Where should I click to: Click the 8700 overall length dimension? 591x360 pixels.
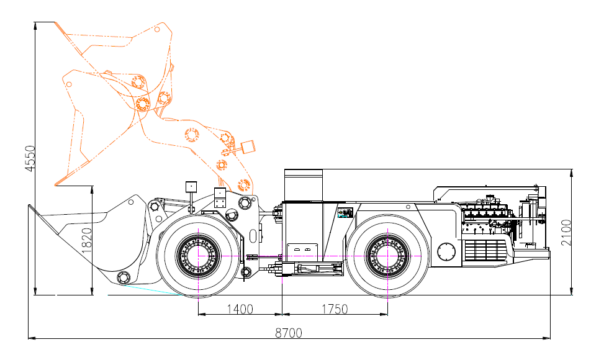(288, 333)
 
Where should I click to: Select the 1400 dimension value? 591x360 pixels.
(240, 309)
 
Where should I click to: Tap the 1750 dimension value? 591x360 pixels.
(335, 309)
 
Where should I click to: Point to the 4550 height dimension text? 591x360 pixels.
(30, 158)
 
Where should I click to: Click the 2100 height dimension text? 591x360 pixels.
(566, 233)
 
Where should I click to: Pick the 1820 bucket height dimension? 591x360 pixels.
(87, 240)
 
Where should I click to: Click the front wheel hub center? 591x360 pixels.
(198, 256)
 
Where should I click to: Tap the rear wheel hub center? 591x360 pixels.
(387, 256)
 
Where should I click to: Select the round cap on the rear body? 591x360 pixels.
(446, 251)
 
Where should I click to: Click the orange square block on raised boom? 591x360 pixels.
(248, 146)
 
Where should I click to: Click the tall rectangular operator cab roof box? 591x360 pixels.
(304, 185)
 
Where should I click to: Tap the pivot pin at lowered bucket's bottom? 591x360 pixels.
(124, 278)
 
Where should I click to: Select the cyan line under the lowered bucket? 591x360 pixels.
(153, 289)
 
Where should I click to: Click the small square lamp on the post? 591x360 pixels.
(191, 187)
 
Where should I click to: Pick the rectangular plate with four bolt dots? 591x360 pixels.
(220, 197)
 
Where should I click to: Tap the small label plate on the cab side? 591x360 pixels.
(345, 213)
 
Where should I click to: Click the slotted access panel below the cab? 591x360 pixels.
(302, 252)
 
